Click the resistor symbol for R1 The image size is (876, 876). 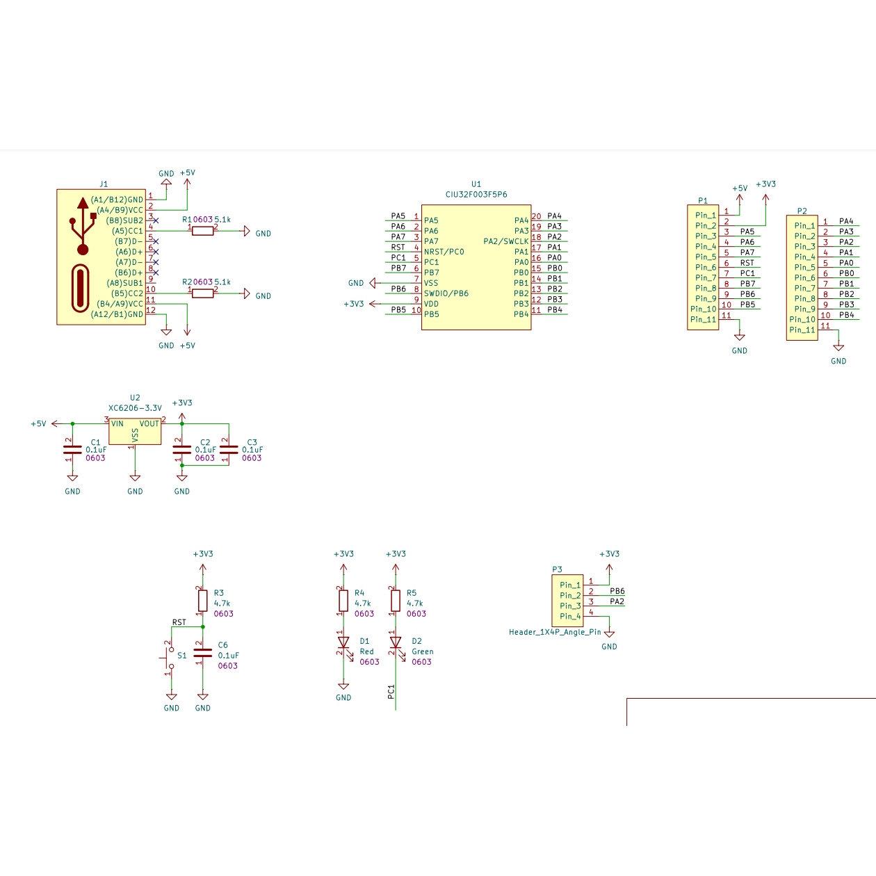(x=203, y=231)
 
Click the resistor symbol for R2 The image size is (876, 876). (x=203, y=293)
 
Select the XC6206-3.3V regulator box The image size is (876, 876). (x=135, y=431)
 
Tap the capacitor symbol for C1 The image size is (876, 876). (x=72, y=450)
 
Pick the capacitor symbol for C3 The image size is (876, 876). (x=229, y=450)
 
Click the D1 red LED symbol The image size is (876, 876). (x=343, y=642)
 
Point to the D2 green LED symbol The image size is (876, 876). (x=396, y=642)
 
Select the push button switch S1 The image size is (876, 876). (x=169, y=658)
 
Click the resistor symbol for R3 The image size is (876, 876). (x=203, y=601)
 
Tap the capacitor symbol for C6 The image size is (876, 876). (x=203, y=653)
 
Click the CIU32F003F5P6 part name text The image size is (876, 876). (x=476, y=195)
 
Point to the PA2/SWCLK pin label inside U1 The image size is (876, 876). (x=506, y=241)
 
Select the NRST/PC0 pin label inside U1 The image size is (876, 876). (x=444, y=252)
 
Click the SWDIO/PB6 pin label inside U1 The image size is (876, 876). (x=446, y=293)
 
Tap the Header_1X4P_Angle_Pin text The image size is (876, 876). (x=555, y=632)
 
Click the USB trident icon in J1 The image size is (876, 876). (x=83, y=226)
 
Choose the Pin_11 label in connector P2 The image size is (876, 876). (x=802, y=330)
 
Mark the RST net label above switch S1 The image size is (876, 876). (x=179, y=622)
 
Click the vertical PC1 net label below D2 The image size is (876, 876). (x=391, y=692)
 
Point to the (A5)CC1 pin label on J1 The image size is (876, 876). (x=127, y=231)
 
